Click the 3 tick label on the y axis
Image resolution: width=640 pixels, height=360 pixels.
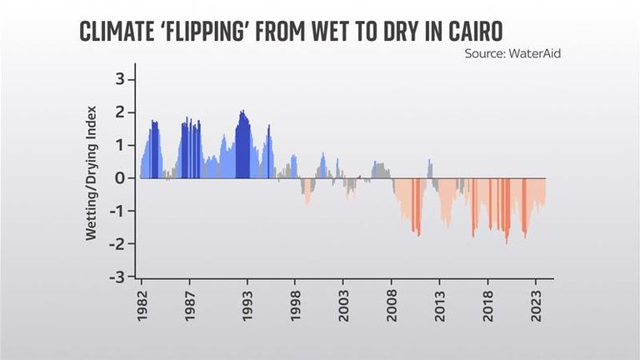(x=119, y=79)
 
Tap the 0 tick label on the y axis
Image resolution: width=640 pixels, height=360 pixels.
(x=119, y=178)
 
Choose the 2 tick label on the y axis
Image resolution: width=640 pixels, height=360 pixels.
(x=119, y=112)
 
